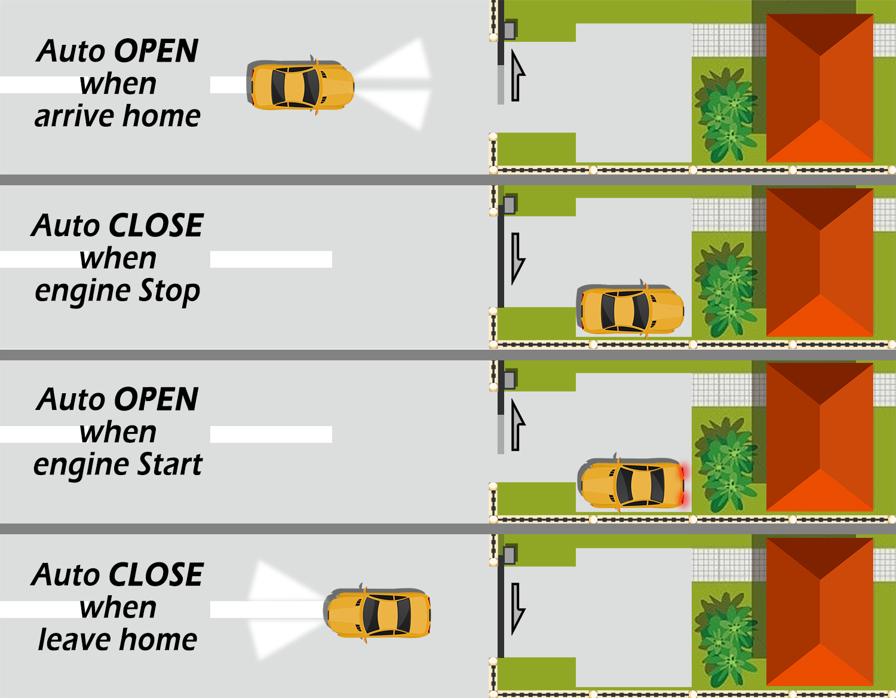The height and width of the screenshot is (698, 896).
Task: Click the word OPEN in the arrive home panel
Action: pos(156,51)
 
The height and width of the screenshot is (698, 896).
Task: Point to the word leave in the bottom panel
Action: pos(66,639)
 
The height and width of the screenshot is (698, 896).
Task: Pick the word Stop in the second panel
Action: pos(169,291)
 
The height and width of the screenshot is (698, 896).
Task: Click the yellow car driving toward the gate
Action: pos(302,86)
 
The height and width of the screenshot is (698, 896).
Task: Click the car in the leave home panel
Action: pos(379,614)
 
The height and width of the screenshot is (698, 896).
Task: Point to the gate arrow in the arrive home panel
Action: pos(517,76)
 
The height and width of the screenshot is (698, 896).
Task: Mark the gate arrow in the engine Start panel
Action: pos(517,425)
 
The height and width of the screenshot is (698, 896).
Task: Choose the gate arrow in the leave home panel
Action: pos(517,608)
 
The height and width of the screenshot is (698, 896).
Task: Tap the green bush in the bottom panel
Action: pos(726,639)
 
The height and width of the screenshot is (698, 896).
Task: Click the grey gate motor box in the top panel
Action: pos(510,30)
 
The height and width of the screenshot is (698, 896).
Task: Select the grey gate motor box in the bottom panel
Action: pos(510,554)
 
